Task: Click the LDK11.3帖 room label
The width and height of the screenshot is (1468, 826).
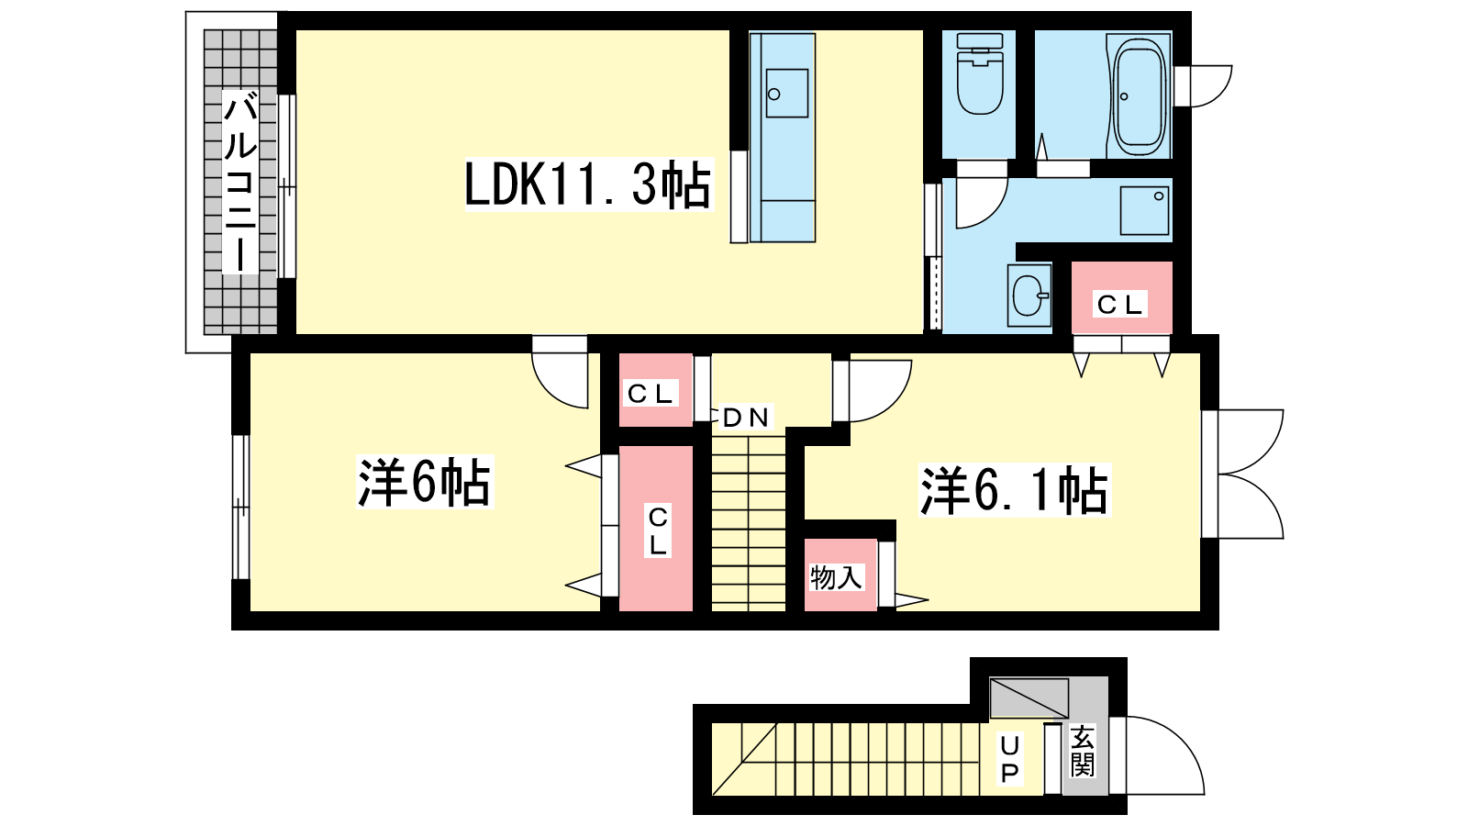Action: point(588,184)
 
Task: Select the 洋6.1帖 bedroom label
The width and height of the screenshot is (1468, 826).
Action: point(1014,490)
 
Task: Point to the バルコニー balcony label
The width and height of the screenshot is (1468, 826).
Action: point(239,182)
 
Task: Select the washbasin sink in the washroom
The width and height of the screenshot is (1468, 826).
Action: point(1029,296)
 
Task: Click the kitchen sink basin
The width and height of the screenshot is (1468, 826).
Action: point(786,94)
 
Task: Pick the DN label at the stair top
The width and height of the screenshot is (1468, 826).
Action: point(746,417)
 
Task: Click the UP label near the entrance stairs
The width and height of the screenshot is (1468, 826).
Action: point(1010,759)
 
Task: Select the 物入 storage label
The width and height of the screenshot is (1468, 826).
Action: point(836,577)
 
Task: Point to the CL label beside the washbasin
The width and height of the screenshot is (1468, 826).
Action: point(1119,304)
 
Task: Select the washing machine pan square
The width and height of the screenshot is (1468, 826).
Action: point(1144,210)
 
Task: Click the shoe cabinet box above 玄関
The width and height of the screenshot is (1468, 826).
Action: point(1029,698)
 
